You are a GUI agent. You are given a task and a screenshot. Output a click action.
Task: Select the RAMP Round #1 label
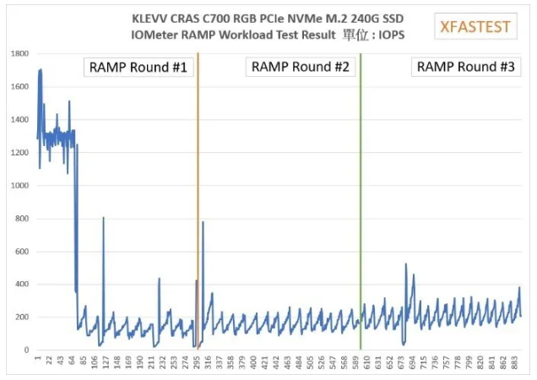tap(138, 68)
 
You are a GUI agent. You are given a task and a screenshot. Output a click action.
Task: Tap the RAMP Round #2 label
tap(300, 68)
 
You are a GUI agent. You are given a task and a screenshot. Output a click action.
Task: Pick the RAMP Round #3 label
tap(466, 68)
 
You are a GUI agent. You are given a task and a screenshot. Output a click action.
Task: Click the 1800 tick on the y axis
tap(19, 54)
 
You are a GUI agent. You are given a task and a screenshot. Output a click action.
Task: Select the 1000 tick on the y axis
tap(19, 186)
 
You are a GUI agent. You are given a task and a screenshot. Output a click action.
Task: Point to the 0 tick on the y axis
tap(25, 350)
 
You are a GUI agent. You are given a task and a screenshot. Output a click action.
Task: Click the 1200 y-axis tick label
tap(19, 153)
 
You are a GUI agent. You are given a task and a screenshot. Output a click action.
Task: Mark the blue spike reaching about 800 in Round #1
tap(103, 219)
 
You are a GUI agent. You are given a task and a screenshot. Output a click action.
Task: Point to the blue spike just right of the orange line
tap(203, 223)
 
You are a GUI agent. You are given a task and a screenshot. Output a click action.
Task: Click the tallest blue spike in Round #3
tap(406, 265)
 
